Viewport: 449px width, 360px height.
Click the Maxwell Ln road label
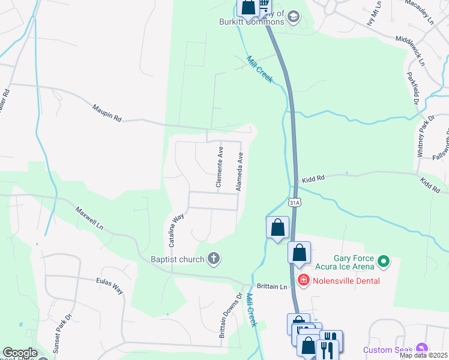pyautogui.click(x=89, y=220)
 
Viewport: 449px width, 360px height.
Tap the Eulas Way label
pyautogui.click(x=109, y=286)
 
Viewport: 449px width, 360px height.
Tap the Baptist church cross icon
pyautogui.click(x=213, y=259)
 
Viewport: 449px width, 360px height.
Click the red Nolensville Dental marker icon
pyautogui.click(x=303, y=280)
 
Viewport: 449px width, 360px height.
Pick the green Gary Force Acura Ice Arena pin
pyautogui.click(x=382, y=262)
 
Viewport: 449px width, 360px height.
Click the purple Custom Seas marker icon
pyautogui.click(x=423, y=348)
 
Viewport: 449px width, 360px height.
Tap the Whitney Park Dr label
pyautogui.click(x=426, y=138)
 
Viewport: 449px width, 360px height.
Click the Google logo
pyautogui.click(x=19, y=353)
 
